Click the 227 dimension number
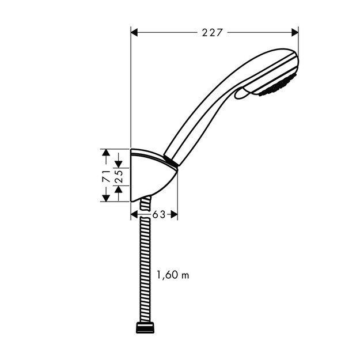pos(212,33)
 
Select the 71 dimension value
pos(106,176)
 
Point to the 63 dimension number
pos(159,214)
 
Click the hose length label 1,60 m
pos(173,275)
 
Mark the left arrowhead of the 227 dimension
pos(136,33)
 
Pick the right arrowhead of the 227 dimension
pos(295,33)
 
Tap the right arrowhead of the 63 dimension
pos(174,215)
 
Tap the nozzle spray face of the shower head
pos(281,86)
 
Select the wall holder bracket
pos(151,176)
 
